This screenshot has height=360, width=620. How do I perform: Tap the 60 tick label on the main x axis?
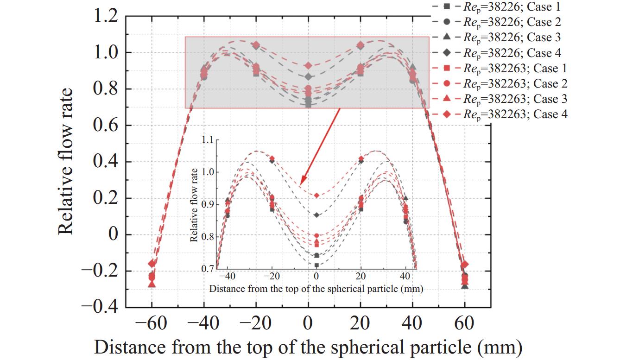465,323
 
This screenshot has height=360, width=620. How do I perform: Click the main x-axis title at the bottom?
308,347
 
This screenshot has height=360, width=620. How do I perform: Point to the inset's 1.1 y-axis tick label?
208,139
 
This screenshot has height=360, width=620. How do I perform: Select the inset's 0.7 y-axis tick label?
208,268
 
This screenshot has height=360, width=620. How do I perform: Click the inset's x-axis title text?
316,289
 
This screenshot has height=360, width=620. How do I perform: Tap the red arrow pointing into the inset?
320,146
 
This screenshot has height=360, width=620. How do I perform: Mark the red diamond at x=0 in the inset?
316,196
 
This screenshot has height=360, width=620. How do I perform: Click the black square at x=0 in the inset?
316,265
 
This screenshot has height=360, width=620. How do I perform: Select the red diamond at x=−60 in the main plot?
152,264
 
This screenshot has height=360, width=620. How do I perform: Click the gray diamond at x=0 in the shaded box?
308,76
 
